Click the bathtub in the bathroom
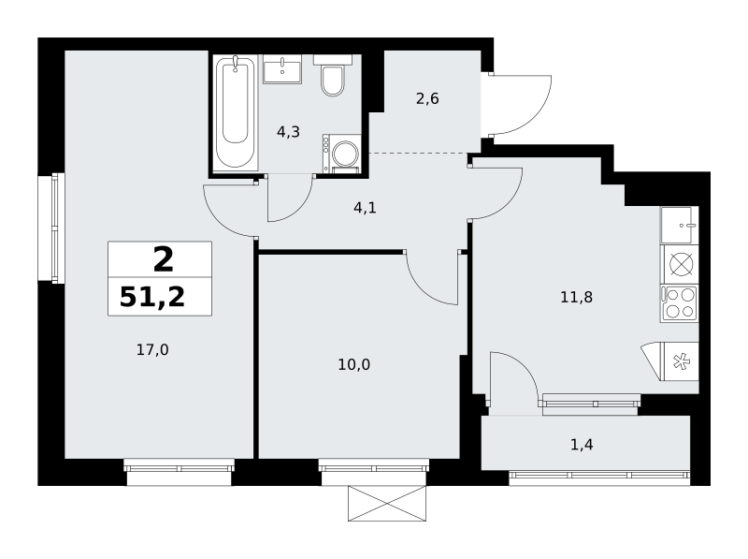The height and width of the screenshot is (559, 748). [x=236, y=112]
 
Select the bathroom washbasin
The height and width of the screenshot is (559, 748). [x=282, y=69]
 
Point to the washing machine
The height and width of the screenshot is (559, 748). [x=341, y=153]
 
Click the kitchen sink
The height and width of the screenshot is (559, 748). [x=680, y=225]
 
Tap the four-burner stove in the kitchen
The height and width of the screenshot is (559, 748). [x=680, y=303]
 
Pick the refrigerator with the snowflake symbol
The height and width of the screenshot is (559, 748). [x=670, y=361]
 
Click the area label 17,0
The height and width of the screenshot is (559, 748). [x=152, y=350]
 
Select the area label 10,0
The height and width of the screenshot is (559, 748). [x=354, y=365]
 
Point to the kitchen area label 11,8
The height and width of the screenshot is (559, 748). [x=576, y=298]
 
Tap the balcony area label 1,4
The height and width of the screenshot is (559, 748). [x=582, y=445]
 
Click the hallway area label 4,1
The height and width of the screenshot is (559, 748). [x=365, y=208]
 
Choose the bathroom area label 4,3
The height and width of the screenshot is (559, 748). [x=288, y=132]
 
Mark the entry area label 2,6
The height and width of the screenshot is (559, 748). [x=427, y=99]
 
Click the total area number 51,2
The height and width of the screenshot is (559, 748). [x=152, y=297]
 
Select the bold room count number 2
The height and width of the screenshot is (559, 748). [x=163, y=260]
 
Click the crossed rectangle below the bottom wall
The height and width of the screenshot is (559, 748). [x=387, y=503]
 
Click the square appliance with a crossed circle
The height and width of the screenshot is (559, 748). [x=680, y=264]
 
